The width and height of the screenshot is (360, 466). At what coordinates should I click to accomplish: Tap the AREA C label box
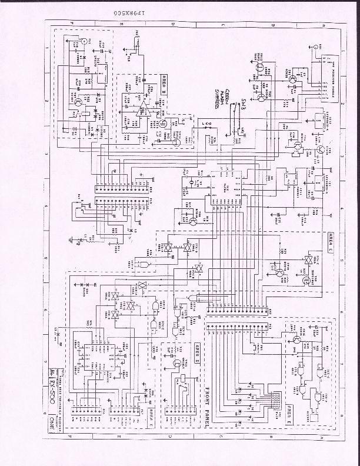pyautogui.click(x=330, y=238)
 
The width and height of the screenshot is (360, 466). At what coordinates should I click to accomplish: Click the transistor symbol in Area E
pyautogui.click(x=296, y=339)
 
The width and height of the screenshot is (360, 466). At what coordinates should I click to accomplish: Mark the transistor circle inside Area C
pyautogui.click(x=280, y=272)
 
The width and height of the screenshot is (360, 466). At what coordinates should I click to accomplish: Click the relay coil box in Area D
pyautogui.click(x=182, y=389)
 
